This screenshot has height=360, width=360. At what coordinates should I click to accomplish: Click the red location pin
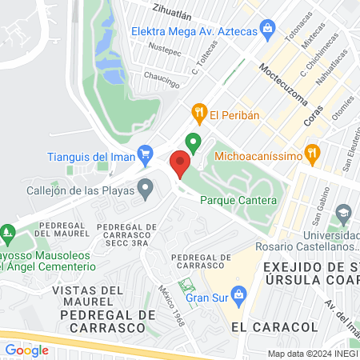[179, 165]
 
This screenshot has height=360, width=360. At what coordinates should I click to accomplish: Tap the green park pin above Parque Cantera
[193, 143]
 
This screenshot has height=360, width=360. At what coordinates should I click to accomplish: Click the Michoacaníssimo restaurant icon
[313, 151]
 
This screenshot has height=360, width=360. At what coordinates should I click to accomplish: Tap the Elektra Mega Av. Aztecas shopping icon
[267, 32]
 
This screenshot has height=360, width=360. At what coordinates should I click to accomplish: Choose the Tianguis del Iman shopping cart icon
[145, 152]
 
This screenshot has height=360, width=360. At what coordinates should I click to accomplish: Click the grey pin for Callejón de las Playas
[145, 190]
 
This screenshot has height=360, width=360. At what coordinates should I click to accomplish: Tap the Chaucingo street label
[162, 77]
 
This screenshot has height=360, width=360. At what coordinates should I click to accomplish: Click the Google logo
[26, 350]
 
